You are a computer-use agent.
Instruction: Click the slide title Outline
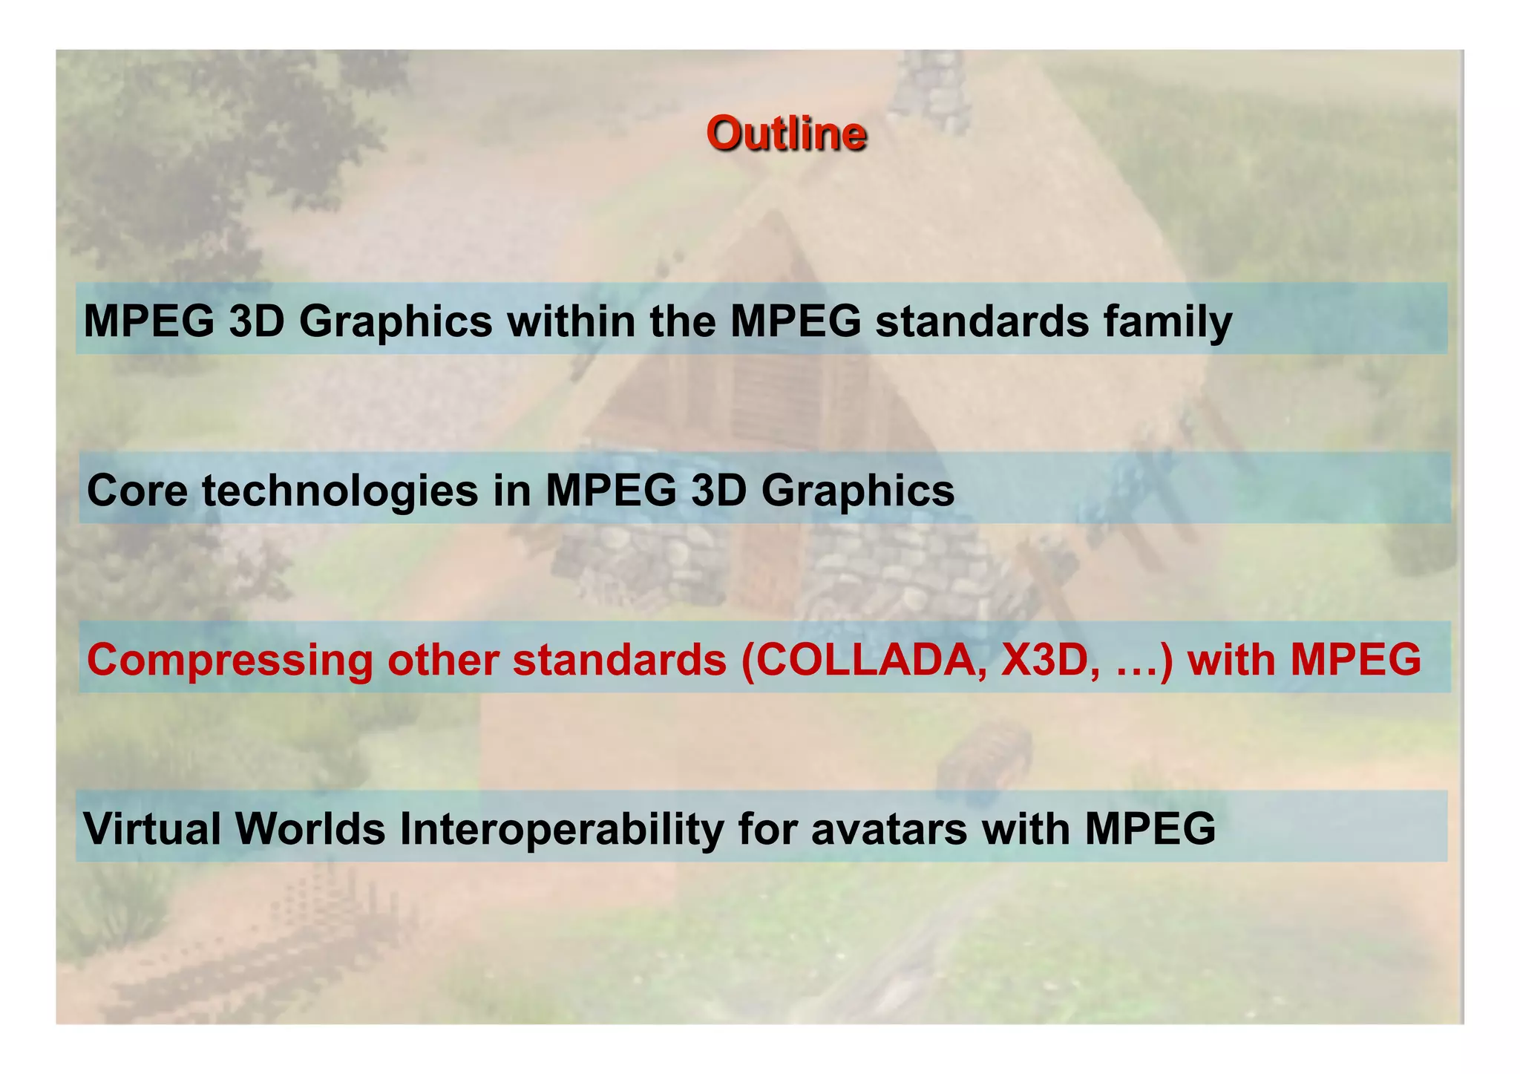coord(786,134)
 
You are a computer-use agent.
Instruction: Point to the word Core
coord(137,491)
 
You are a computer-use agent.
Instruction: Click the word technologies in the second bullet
coord(340,491)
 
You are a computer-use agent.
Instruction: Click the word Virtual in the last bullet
coord(152,829)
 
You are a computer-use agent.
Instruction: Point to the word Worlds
coord(310,829)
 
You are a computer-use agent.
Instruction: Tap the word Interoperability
coord(561,829)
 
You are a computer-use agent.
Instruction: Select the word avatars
coord(889,829)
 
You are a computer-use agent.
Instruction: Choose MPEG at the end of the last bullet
coord(1150,829)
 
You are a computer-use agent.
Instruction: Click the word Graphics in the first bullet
coord(396,321)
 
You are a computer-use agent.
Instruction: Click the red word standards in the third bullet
coord(620,660)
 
